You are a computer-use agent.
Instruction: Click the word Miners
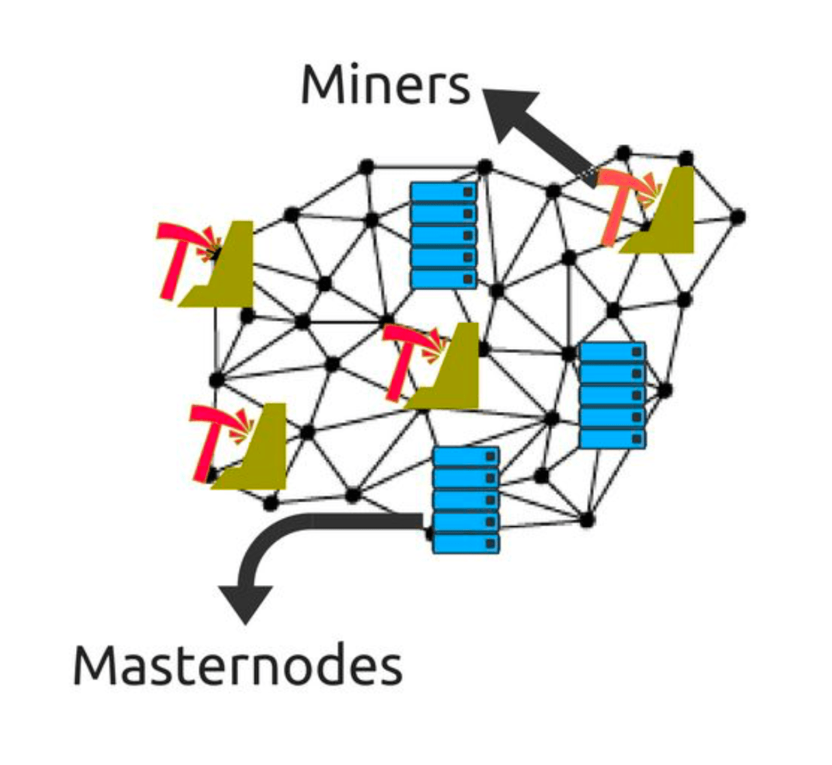385,85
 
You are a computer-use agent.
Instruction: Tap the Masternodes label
237,665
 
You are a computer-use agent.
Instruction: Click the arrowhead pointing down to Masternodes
245,601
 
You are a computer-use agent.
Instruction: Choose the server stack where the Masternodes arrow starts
466,500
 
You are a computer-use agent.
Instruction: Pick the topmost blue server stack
443,235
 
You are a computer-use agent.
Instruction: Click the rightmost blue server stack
612,396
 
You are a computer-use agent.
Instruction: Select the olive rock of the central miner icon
452,373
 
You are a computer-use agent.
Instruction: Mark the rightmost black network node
737,217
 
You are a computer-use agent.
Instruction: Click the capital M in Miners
322,85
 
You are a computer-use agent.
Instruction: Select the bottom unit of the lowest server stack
466,544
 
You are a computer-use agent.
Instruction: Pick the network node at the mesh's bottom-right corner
586,520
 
